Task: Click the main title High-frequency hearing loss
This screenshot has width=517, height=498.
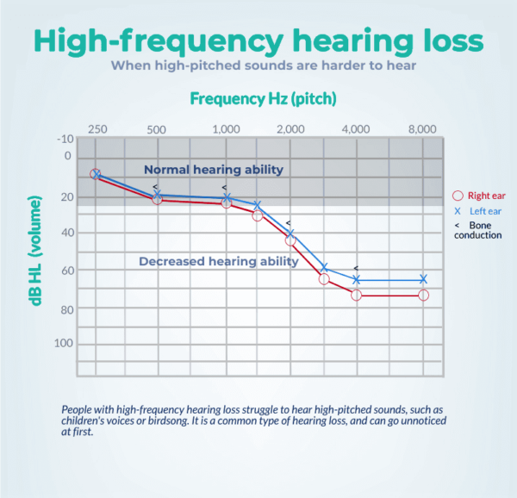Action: (x=258, y=40)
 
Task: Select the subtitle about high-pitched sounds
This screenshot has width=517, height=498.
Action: (x=258, y=65)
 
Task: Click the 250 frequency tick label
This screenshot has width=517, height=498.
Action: (x=97, y=129)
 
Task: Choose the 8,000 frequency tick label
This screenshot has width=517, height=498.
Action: (x=422, y=129)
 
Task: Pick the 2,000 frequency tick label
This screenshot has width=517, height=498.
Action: (x=290, y=129)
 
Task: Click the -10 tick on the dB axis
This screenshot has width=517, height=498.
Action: (x=64, y=139)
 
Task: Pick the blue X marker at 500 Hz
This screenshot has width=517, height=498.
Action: (x=157, y=195)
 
